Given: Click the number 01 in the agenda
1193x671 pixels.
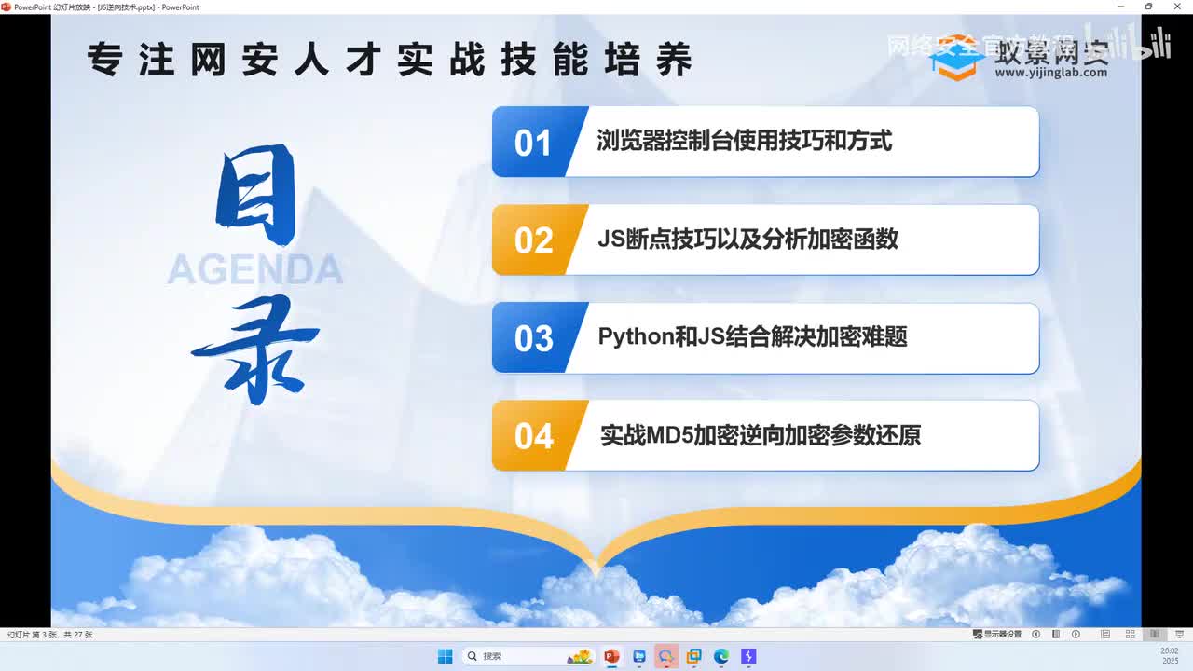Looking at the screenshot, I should point(532,143).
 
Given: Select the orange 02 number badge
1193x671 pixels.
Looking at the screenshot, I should point(533,240).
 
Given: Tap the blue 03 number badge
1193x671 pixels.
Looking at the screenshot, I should point(533,338).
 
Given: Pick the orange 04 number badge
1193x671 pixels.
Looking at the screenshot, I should point(533,436).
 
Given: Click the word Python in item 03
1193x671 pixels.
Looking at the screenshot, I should point(636,336).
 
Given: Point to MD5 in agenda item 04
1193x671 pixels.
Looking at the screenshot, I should point(669,435).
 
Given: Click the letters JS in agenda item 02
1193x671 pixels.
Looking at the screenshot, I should point(611,239).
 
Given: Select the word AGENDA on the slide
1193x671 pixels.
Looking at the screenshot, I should point(254,269).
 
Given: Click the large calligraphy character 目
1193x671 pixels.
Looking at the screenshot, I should point(255,197).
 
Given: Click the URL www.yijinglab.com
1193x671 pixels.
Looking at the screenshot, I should point(1050,73).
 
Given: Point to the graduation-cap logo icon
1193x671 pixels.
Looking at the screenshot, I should point(957,58).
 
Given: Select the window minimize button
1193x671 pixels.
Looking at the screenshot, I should point(1121,7).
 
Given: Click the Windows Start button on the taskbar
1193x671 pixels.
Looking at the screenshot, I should point(445,656).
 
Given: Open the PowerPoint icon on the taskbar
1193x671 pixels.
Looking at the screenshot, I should point(611,656).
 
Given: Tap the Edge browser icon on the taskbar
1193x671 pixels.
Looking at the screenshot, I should point(720,656).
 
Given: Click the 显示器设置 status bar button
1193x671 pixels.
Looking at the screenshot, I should point(997,635).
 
